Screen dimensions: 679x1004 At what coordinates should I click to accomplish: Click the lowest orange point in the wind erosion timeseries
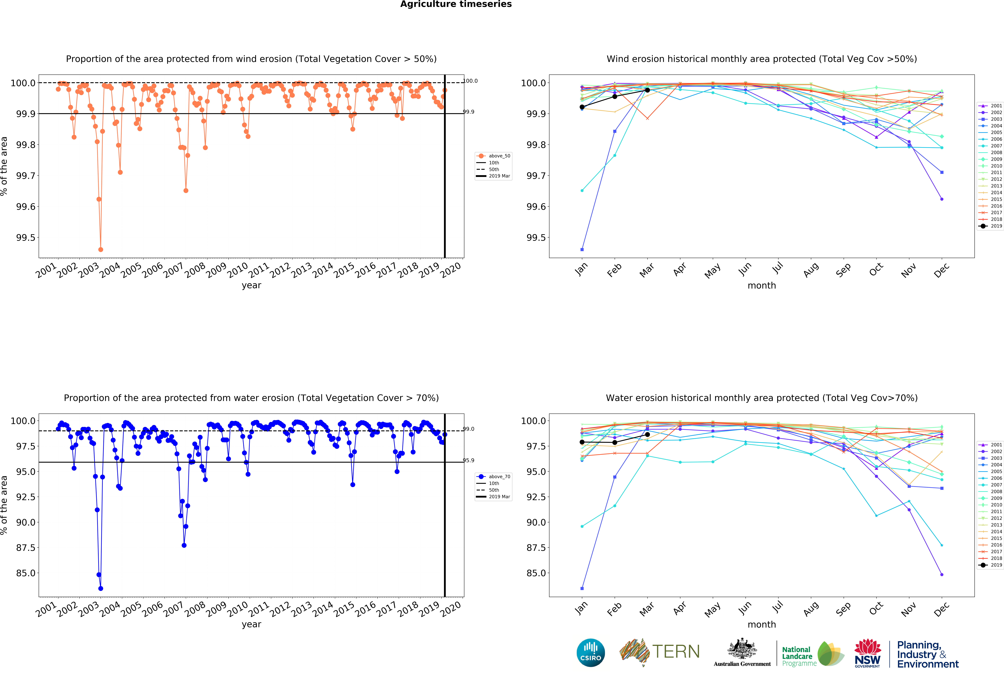[101, 249]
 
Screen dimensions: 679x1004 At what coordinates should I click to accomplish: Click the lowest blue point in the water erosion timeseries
[101, 588]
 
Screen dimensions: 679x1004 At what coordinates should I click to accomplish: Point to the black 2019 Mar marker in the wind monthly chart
[647, 90]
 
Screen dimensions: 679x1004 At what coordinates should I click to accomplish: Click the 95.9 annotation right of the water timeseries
[469, 460]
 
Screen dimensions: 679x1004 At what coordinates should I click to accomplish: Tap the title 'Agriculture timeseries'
[456, 4]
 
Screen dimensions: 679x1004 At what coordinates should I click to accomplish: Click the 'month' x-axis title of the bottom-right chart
[762, 625]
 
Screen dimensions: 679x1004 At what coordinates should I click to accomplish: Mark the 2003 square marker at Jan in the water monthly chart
[582, 588]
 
